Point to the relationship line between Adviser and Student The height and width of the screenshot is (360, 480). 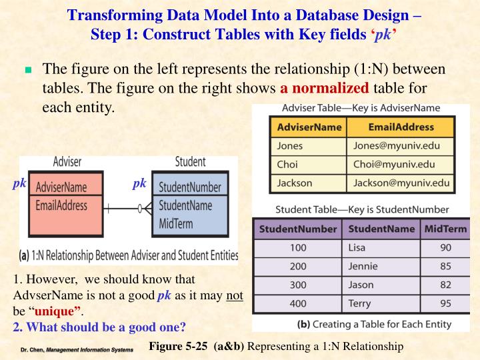coord(127,209)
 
